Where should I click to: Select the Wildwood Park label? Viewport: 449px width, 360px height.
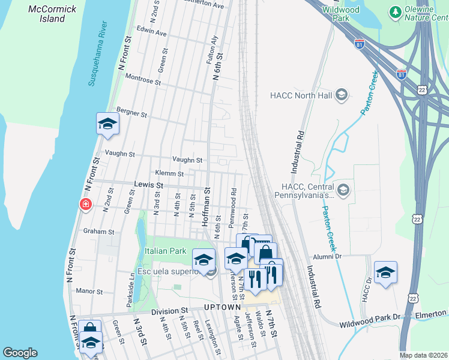coord(340,14)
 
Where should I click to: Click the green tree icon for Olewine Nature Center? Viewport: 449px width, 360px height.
coord(395,11)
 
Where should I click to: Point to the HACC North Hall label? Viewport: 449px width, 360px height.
coord(301,95)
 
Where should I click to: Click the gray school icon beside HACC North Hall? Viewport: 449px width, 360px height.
coord(342,94)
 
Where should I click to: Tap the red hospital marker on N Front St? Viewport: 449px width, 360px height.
coord(86,205)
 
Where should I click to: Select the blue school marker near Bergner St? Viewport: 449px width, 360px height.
coord(107,124)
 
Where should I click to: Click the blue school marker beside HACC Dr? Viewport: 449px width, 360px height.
coord(385,272)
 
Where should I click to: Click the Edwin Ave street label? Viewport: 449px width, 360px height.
coord(151,33)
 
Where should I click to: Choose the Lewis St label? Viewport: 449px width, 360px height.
coord(149,185)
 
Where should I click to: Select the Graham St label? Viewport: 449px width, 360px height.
coord(98,231)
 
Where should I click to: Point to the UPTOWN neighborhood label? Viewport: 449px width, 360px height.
coord(222,307)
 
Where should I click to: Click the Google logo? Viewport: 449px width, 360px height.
coord(20,352)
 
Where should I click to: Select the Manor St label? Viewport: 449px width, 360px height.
coord(90,291)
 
